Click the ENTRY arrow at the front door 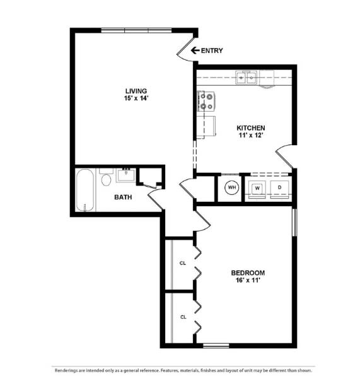pyautogui.click(x=195, y=50)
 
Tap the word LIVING pyautogui.click(x=136, y=91)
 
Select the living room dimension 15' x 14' pyautogui.click(x=136, y=98)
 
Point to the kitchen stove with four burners pyautogui.click(x=206, y=101)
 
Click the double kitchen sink pyautogui.click(x=246, y=78)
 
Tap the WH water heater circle pyautogui.click(x=231, y=187)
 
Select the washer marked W pyautogui.click(x=257, y=188)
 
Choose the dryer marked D pyautogui.click(x=279, y=188)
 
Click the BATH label pyautogui.click(x=123, y=197)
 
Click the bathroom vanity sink pyautogui.click(x=126, y=175)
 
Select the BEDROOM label pyautogui.click(x=248, y=273)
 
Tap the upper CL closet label pyautogui.click(x=182, y=262)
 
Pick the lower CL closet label pyautogui.click(x=182, y=317)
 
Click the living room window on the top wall pyautogui.click(x=137, y=30)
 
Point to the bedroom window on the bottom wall pyautogui.click(x=216, y=345)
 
